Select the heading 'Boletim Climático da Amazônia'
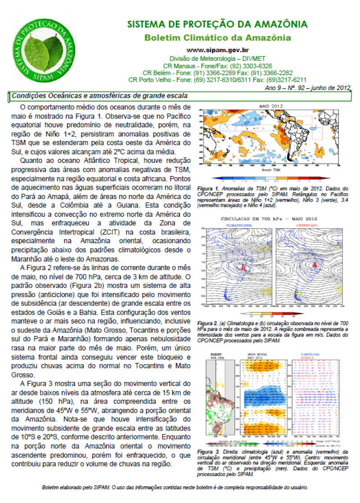tap(217, 38)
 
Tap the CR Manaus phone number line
tap(217, 65)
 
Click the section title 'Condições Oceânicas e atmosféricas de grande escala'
tap(99, 95)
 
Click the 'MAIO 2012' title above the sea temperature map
tap(270, 106)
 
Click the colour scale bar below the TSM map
tap(270, 179)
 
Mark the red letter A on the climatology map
tap(243, 267)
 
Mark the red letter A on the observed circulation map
tap(315, 265)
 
